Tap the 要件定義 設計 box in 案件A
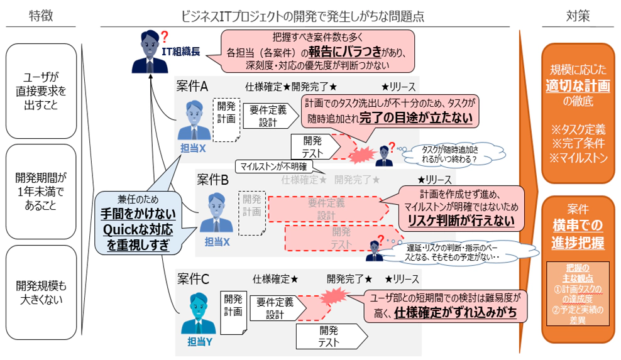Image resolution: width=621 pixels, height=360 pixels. click(x=268, y=116)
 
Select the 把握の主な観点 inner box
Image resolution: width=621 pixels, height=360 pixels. click(x=577, y=292)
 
